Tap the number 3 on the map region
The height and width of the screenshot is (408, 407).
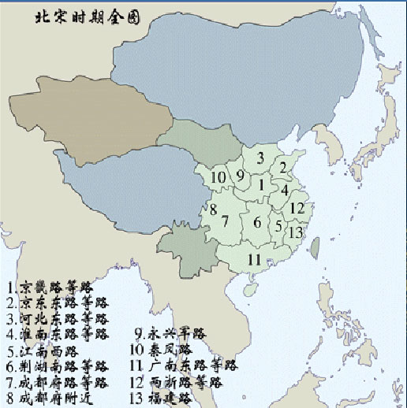[260, 158]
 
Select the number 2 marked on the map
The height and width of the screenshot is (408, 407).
[282, 167]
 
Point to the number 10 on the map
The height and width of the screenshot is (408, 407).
[218, 177]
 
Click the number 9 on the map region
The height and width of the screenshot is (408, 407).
[240, 176]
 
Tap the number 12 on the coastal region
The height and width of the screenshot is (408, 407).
[296, 208]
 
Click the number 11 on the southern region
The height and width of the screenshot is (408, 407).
[254, 259]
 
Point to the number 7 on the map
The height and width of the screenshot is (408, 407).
[225, 221]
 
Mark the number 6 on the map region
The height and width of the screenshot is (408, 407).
[256, 223]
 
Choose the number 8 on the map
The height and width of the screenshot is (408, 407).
[213, 209]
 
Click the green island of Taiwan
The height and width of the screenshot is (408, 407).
[315, 249]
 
